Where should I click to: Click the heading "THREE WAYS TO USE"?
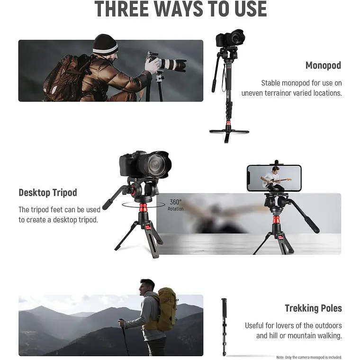(180, 9)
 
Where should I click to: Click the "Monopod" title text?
(323, 65)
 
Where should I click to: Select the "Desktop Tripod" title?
(48, 193)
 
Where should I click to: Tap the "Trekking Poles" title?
(313, 308)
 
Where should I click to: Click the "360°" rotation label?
(176, 202)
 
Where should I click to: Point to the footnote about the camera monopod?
(309, 357)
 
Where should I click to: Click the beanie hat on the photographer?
(105, 44)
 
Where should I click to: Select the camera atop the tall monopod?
(230, 38)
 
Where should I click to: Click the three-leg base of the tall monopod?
(229, 134)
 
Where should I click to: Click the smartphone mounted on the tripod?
(274, 178)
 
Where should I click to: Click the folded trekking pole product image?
(225, 327)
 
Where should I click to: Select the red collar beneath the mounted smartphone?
(276, 220)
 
